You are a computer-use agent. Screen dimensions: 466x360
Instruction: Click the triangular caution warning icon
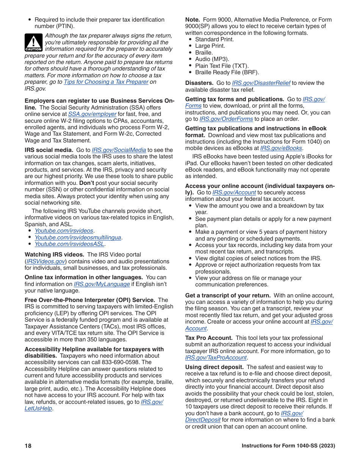coord(33,42)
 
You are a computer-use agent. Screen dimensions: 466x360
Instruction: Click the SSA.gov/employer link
coord(92,114)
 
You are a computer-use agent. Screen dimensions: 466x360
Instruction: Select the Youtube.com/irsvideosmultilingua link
coord(78,238)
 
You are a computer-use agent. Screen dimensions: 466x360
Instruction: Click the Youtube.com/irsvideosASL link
coord(69,244)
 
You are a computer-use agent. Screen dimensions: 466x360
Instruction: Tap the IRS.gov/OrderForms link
coord(226,119)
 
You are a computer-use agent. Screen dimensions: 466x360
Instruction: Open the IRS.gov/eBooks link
coord(281,148)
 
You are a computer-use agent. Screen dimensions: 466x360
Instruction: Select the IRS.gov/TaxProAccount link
coord(216,358)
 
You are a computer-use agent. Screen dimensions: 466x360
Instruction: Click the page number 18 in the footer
coord(28,446)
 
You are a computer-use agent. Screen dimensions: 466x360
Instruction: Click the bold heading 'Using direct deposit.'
coord(214,367)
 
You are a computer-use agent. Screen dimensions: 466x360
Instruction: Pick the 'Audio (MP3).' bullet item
coord(212,59)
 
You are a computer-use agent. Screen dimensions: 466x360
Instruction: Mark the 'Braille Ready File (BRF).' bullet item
coord(227,72)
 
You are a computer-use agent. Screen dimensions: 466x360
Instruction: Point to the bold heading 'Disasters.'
coord(199,83)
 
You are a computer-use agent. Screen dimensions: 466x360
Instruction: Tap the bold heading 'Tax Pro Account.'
coord(209,338)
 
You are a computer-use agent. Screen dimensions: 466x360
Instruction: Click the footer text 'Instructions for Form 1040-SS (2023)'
coord(288,446)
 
